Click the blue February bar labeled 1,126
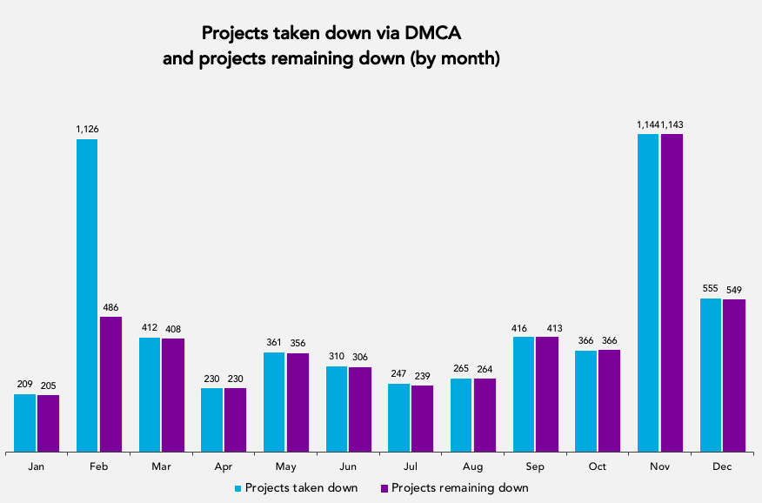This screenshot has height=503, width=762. pyautogui.click(x=87, y=295)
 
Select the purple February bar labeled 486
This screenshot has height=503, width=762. pyautogui.click(x=110, y=384)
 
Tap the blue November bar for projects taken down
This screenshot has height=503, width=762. pyautogui.click(x=648, y=292)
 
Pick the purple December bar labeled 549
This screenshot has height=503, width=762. pyautogui.click(x=734, y=375)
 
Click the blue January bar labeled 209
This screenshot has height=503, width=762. pyautogui.click(x=25, y=423)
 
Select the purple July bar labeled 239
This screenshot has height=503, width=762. pyautogui.click(x=422, y=419)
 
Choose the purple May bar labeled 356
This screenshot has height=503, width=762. pyautogui.click(x=297, y=402)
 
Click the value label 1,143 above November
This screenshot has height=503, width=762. pyautogui.click(x=672, y=124)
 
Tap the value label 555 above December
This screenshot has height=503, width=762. pyautogui.click(x=711, y=289)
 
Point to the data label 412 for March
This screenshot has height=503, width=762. pyautogui.click(x=150, y=328)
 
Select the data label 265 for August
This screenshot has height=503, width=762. pyautogui.click(x=461, y=369)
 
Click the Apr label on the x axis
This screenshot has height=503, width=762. pyautogui.click(x=223, y=467)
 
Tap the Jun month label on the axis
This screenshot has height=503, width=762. pyautogui.click(x=348, y=467)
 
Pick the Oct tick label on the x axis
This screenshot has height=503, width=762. pyautogui.click(x=597, y=467)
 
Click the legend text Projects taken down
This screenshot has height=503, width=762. pyautogui.click(x=301, y=488)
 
